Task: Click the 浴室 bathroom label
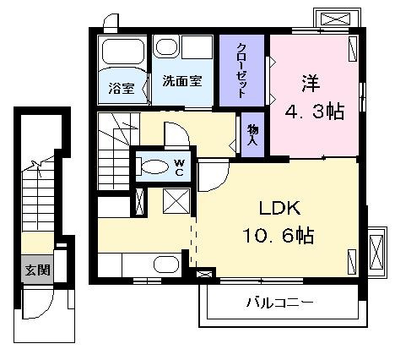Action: [x=122, y=89]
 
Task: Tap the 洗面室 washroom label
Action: [x=182, y=81]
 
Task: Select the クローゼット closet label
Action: [x=241, y=70]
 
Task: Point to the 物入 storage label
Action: [x=252, y=134]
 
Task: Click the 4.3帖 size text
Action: [x=315, y=112]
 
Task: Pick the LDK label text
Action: [x=279, y=209]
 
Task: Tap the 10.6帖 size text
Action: [x=278, y=235]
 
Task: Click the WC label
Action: [x=179, y=167]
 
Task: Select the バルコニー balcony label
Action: [x=280, y=303]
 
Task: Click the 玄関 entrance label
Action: [x=38, y=270]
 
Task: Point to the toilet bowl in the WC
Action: [x=154, y=166]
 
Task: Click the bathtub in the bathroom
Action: [x=123, y=52]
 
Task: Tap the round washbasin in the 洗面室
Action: [x=166, y=47]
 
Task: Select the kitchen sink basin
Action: [x=166, y=265]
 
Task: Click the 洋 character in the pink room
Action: [x=311, y=84]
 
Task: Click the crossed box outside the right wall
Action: [x=376, y=252]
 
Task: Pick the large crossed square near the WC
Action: [x=176, y=201]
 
